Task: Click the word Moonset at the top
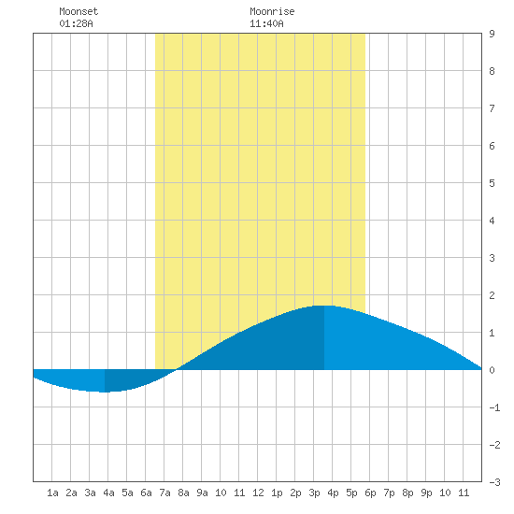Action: pyautogui.click(x=79, y=11)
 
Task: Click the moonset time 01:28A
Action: pyautogui.click(x=76, y=23)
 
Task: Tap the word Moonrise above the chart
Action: pyautogui.click(x=272, y=11)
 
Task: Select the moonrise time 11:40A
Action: pyautogui.click(x=266, y=23)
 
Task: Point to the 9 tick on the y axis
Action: pyautogui.click(x=492, y=34)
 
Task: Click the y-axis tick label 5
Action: pyautogui.click(x=492, y=183)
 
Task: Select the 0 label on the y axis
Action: pyautogui.click(x=492, y=370)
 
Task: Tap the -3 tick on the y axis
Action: pyautogui.click(x=494, y=482)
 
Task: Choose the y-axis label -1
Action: pyautogui.click(x=494, y=407)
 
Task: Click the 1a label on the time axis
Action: pyautogui.click(x=52, y=493)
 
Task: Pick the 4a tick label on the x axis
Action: pyautogui.click(x=108, y=493)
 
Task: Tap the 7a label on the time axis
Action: pyautogui.click(x=164, y=493)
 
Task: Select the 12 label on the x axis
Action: pyautogui.click(x=258, y=493)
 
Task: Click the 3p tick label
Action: pyautogui.click(x=314, y=493)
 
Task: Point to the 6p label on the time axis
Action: pyautogui.click(x=370, y=493)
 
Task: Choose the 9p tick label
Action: pyautogui.click(x=426, y=493)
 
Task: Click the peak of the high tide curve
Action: pyautogui.click(x=324, y=306)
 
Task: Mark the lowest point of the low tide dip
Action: pyautogui.click(x=105, y=392)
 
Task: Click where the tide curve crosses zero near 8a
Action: pyautogui.click(x=177, y=369)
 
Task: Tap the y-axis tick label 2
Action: pyautogui.click(x=492, y=295)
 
